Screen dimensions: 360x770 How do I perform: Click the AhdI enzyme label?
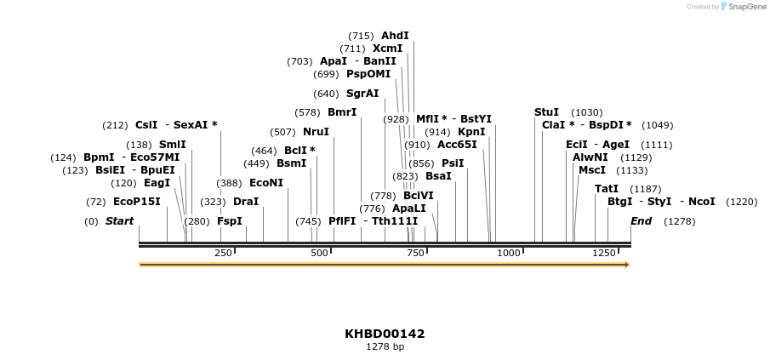click(x=395, y=36)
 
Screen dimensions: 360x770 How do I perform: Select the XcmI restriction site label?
click(x=387, y=49)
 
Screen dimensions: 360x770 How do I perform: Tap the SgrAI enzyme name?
click(x=362, y=94)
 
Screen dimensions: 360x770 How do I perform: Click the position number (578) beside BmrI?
click(x=307, y=112)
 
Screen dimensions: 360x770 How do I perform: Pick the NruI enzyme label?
click(x=316, y=132)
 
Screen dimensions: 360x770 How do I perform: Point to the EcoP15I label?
click(x=136, y=202)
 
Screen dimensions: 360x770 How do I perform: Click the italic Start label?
click(x=119, y=221)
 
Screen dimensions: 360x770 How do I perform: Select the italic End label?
click(x=641, y=221)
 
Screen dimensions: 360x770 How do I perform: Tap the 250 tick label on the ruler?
click(x=223, y=253)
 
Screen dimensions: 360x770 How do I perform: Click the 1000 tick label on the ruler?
click(x=508, y=253)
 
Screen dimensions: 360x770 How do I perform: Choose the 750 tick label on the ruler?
click(x=415, y=253)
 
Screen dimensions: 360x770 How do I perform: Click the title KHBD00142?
click(x=385, y=334)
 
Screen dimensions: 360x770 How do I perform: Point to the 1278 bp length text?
click(x=385, y=347)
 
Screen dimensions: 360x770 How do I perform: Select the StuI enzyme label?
click(x=546, y=112)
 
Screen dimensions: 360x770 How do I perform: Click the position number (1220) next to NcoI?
click(x=741, y=202)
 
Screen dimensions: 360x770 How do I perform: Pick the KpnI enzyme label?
click(x=471, y=132)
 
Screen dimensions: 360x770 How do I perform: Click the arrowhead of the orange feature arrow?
click(x=626, y=265)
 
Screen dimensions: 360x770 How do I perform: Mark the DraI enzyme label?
click(x=245, y=202)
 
